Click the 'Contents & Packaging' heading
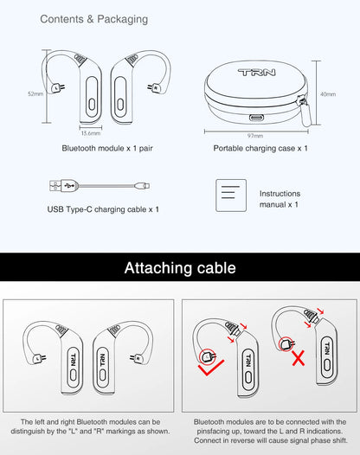pos(93,18)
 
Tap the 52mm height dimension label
pos(35,93)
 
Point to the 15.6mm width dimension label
pos(91,133)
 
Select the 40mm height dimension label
pos(327,93)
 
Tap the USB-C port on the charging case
pos(257,119)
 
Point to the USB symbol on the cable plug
pos(56,184)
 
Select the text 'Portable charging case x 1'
pos(260,149)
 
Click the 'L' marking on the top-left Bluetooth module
pos(55,87)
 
